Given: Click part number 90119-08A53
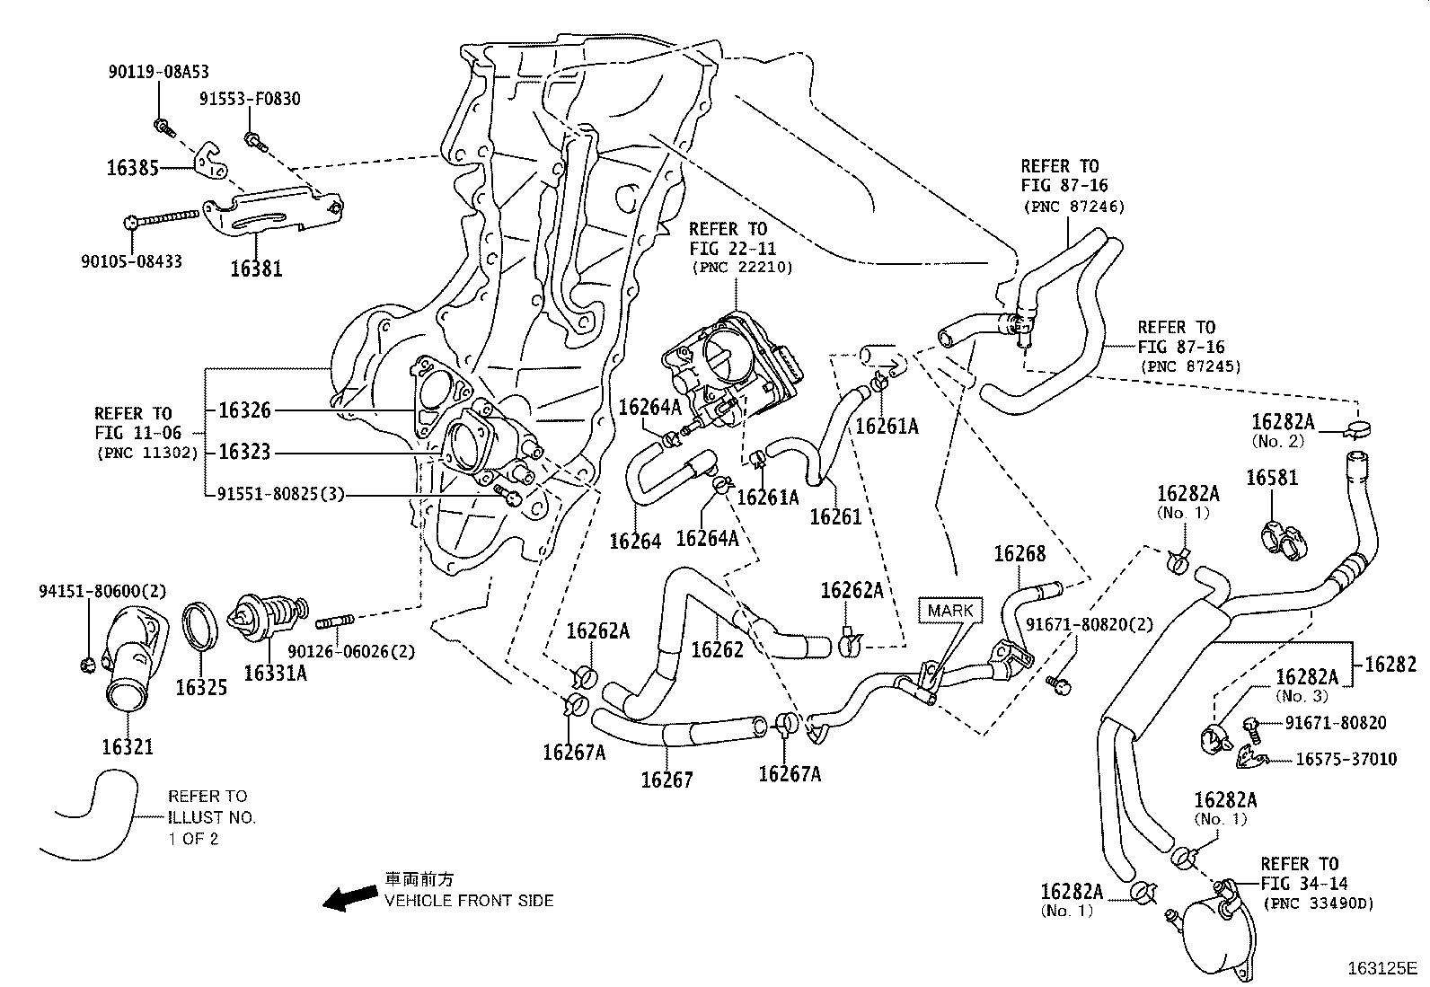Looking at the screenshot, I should click(158, 73).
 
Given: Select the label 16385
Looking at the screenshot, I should click(133, 167).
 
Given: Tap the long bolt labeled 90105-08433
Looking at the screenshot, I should click(166, 216).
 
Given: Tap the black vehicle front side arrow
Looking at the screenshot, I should click(350, 896).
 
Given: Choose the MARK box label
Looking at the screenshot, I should click(950, 610).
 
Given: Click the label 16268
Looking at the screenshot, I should click(1020, 554).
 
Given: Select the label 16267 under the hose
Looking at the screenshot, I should click(666, 780).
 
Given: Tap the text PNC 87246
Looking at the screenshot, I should click(1073, 207).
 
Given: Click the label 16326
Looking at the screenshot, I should click(244, 410).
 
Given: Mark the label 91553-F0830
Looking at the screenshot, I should click(250, 100).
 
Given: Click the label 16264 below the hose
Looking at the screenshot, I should click(635, 541).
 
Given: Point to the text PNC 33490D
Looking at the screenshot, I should click(1319, 903).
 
